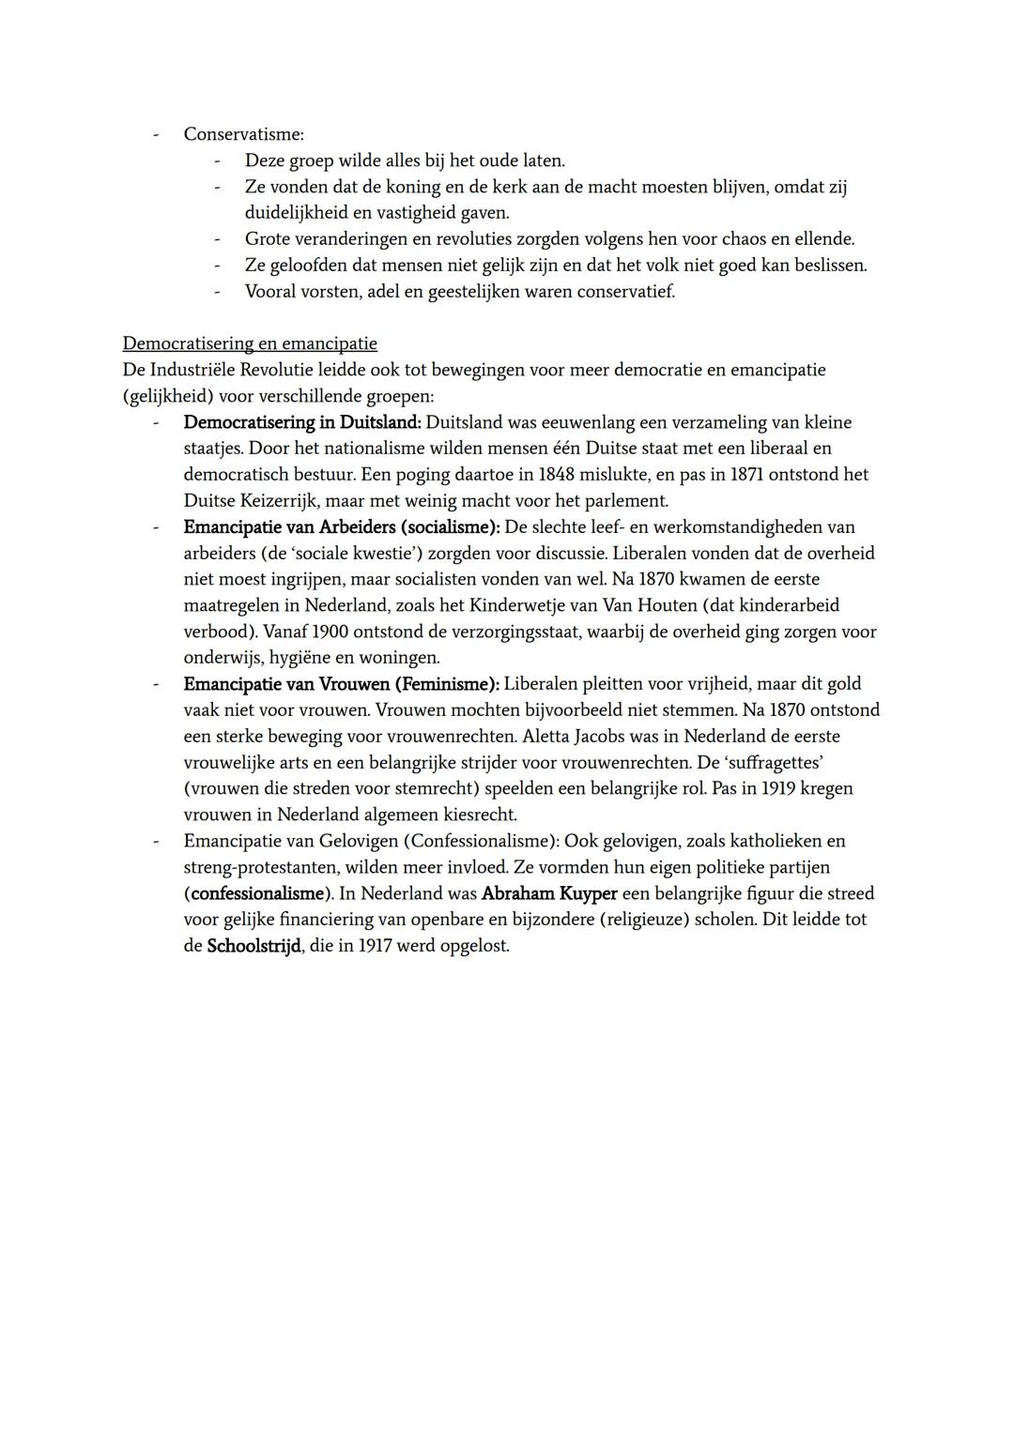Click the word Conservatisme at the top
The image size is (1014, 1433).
pyautogui.click(x=243, y=134)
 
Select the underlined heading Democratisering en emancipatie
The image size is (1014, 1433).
pyautogui.click(x=250, y=343)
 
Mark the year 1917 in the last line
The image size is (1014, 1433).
pyautogui.click(x=375, y=946)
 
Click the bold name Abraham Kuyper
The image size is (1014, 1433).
pyautogui.click(x=549, y=893)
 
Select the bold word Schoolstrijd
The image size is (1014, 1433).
pyautogui.click(x=253, y=946)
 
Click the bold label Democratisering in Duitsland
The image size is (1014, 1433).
pyautogui.click(x=302, y=422)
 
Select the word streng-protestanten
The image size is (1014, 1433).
pyautogui.click(x=263, y=867)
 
